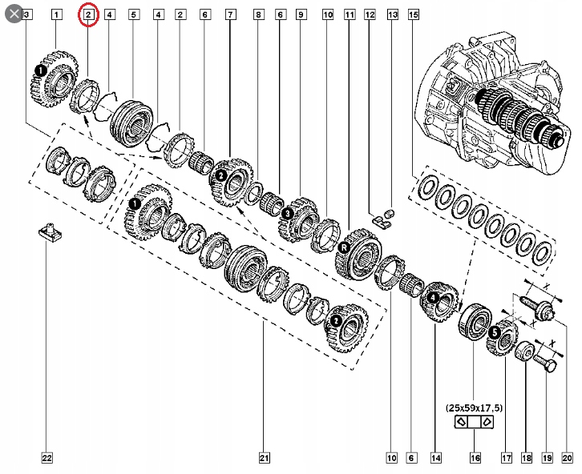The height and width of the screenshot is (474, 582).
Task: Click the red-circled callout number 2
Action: [x=88, y=14]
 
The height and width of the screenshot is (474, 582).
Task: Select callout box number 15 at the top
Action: [x=413, y=14]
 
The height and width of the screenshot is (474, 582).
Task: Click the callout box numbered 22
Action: [x=46, y=458]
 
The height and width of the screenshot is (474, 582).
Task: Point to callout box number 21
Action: [x=264, y=458]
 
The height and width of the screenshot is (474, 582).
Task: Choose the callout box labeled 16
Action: [x=475, y=458]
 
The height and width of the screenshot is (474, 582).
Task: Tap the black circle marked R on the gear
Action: [x=342, y=248]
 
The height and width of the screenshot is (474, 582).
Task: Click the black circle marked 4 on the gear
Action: [x=433, y=298]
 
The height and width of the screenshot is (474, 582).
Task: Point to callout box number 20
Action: [x=566, y=458]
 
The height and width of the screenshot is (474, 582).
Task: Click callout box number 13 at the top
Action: [x=392, y=14]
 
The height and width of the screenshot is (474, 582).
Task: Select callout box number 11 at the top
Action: [x=350, y=14]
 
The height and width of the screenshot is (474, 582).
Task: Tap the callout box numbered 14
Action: [x=435, y=458]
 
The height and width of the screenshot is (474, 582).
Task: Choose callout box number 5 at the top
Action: [x=133, y=14]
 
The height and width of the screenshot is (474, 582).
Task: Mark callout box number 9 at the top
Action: [x=300, y=14]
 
